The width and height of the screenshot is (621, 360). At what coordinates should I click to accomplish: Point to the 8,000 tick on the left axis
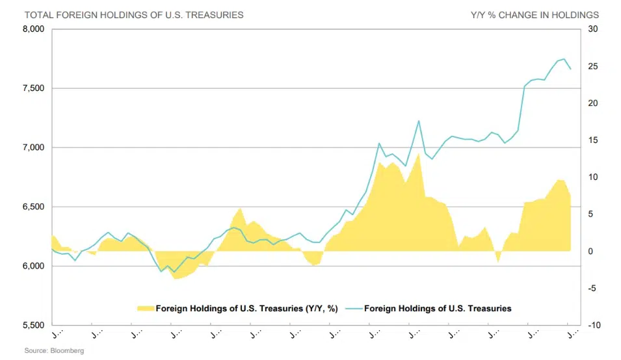(33, 29)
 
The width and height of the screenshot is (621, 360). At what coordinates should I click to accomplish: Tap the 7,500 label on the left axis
(33, 88)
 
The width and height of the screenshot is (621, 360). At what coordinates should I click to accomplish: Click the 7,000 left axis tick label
(33, 148)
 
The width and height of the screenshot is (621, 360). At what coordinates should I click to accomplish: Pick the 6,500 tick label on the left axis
(33, 207)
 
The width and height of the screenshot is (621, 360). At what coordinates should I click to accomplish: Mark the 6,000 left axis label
(33, 266)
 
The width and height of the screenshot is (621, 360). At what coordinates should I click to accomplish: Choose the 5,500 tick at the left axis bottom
(33, 325)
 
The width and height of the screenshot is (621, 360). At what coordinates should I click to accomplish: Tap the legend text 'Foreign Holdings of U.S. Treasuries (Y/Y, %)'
(246, 308)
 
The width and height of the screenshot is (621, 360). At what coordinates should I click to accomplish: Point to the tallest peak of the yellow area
(418, 154)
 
